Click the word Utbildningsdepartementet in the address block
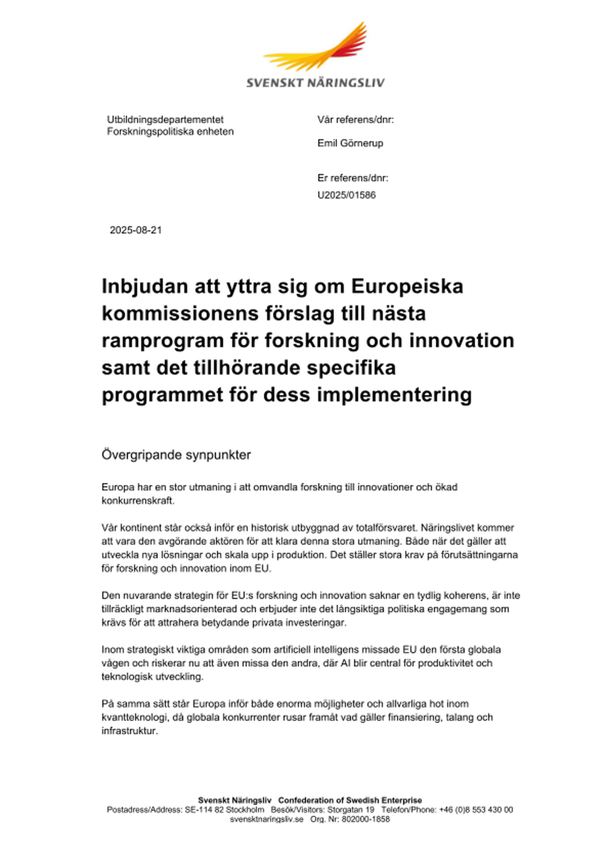pyautogui.click(x=165, y=120)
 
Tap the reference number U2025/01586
pyautogui.click(x=346, y=195)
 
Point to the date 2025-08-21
pyautogui.click(x=136, y=230)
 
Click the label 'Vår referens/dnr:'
pyautogui.click(x=356, y=120)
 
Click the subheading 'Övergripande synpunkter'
pyautogui.click(x=176, y=455)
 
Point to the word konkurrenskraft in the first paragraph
pyautogui.click(x=137, y=501)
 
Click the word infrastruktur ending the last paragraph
pyautogui.click(x=129, y=731)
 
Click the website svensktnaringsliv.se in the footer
pyautogui.click(x=267, y=819)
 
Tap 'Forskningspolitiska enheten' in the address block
pyautogui.click(x=170, y=132)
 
